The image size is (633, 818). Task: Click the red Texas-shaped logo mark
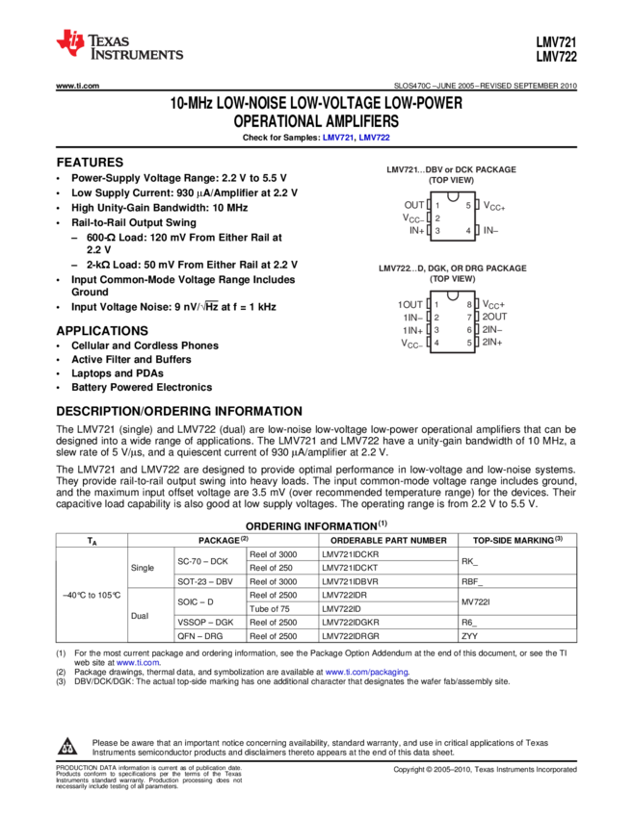coord(70,42)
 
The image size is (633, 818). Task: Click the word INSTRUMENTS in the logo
coord(137,56)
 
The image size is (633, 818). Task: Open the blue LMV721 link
coord(338,138)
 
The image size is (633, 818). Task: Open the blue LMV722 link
coord(375,138)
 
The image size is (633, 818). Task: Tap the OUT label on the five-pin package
coord(414,205)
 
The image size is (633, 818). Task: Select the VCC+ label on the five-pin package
coord(494,205)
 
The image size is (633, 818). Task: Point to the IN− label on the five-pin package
coord(490,230)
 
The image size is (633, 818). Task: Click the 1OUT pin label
coord(410,304)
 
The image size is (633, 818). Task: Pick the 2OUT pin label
coord(494,317)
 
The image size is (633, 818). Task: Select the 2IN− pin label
coord(492,329)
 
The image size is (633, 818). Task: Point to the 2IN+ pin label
coord(492,342)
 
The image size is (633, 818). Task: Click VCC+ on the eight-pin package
coord(493,304)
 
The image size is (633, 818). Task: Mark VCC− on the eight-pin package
coord(412,343)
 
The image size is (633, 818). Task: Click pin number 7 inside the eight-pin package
coord(469,317)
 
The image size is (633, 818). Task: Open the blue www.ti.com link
coord(137,663)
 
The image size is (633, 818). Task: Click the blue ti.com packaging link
coord(366,673)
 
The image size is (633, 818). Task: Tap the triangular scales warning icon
coord(67,747)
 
